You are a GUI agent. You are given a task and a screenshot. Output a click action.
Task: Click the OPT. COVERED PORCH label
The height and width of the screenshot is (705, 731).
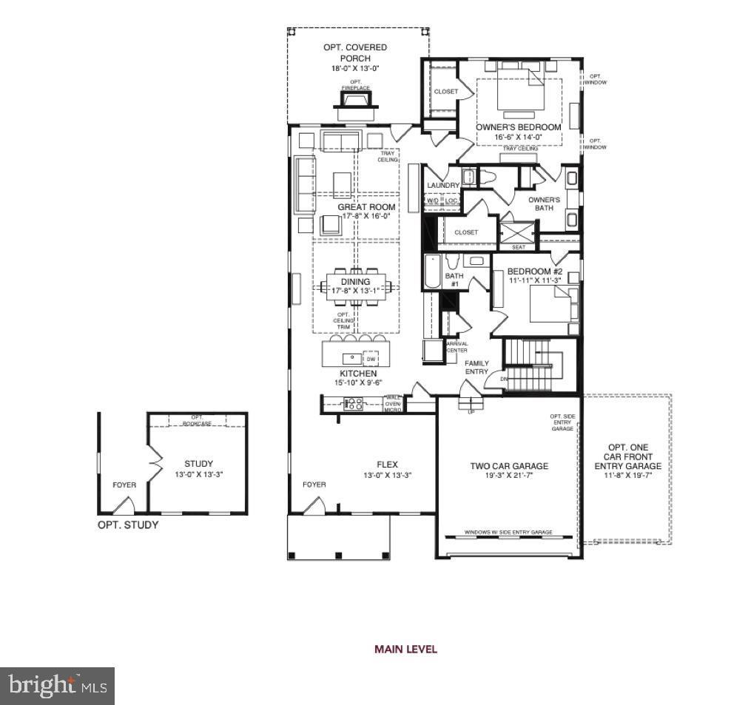355,53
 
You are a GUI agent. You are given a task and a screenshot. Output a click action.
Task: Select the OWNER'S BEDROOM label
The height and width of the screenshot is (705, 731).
518,127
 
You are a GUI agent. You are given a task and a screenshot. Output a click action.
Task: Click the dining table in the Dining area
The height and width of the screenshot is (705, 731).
355,286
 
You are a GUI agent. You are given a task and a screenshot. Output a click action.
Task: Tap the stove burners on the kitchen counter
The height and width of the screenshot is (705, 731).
354,404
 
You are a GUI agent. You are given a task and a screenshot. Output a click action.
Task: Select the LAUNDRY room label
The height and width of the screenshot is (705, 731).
443,185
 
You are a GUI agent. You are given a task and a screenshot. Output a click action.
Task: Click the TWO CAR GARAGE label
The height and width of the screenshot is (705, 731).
509,466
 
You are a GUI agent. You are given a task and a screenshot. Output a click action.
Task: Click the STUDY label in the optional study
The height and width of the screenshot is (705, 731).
198,464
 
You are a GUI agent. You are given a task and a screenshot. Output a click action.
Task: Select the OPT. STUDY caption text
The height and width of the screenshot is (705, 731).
128,525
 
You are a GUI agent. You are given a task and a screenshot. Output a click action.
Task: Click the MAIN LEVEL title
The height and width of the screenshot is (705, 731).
405,650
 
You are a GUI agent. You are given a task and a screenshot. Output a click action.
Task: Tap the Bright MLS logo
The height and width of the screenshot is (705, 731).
58,686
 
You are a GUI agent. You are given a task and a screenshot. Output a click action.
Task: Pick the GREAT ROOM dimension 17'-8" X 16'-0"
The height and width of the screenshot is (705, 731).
366,217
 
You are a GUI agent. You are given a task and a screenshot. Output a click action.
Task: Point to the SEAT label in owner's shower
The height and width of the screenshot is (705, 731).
518,247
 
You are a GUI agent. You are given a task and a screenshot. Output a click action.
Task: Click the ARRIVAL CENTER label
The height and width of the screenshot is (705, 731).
457,347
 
